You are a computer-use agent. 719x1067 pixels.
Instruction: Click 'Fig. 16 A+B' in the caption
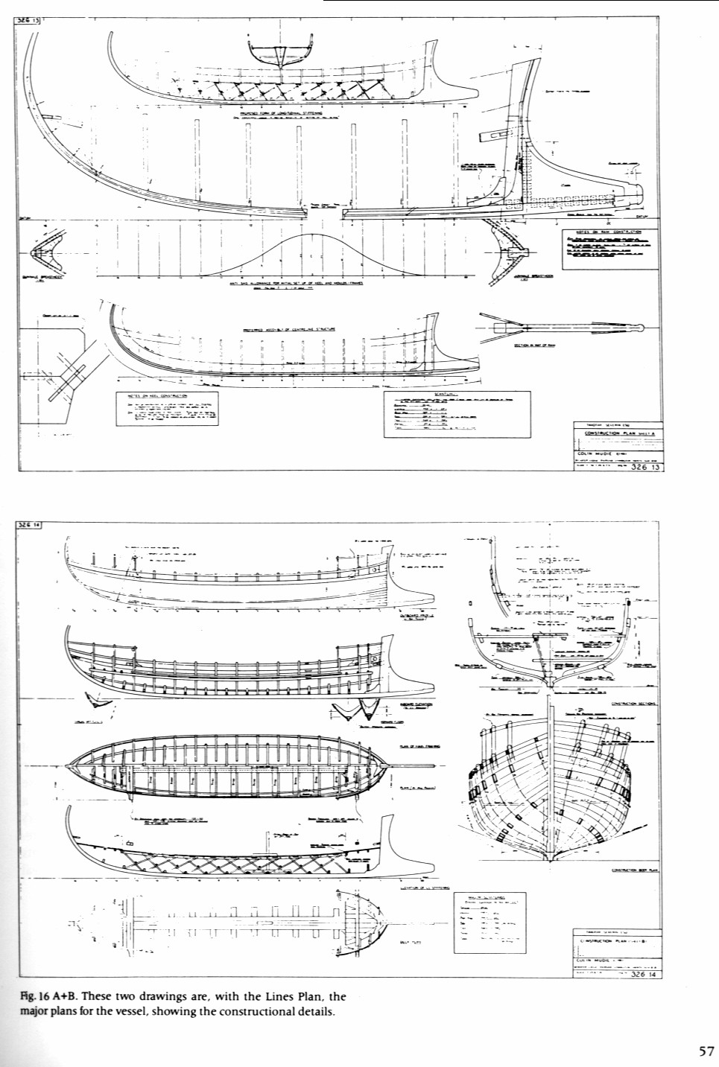(x=46, y=996)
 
